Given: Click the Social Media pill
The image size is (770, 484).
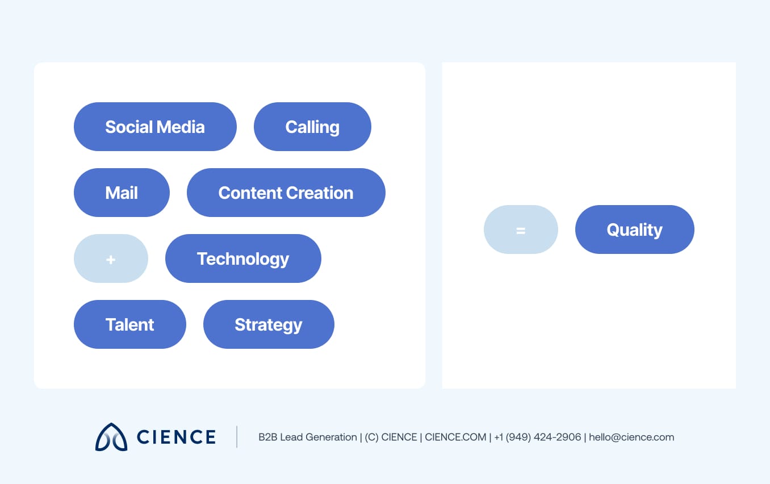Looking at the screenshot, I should pyautogui.click(x=155, y=127).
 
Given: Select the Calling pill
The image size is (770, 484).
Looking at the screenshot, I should pyautogui.click(x=312, y=127).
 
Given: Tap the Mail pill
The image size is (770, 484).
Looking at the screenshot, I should pyautogui.click(x=122, y=193).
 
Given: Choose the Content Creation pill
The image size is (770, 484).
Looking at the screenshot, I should pyautogui.click(x=286, y=193).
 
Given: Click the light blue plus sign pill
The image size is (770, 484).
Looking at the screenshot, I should pyautogui.click(x=111, y=258).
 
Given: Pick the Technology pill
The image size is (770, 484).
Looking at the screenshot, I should pyautogui.click(x=243, y=258).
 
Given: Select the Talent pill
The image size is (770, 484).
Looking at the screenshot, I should pyautogui.click(x=129, y=324).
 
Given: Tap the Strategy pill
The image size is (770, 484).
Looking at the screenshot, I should pyautogui.click(x=269, y=324).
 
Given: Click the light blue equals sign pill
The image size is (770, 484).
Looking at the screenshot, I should pyautogui.click(x=521, y=230).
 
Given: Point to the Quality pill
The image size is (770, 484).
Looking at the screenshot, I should pyautogui.click(x=634, y=230).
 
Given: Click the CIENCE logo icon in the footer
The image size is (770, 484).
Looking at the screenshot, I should pyautogui.click(x=111, y=437).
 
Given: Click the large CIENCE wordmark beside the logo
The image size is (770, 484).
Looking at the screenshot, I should pyautogui.click(x=176, y=437).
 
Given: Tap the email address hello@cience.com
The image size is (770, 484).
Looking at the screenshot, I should pyautogui.click(x=631, y=437).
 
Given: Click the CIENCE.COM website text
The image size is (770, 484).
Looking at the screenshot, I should pyautogui.click(x=455, y=437).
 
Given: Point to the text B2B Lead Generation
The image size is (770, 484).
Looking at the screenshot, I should pyautogui.click(x=307, y=437).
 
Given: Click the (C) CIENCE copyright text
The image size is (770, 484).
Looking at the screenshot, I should pyautogui.click(x=389, y=437).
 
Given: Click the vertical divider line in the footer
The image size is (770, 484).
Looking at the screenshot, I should pyautogui.click(x=237, y=437).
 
